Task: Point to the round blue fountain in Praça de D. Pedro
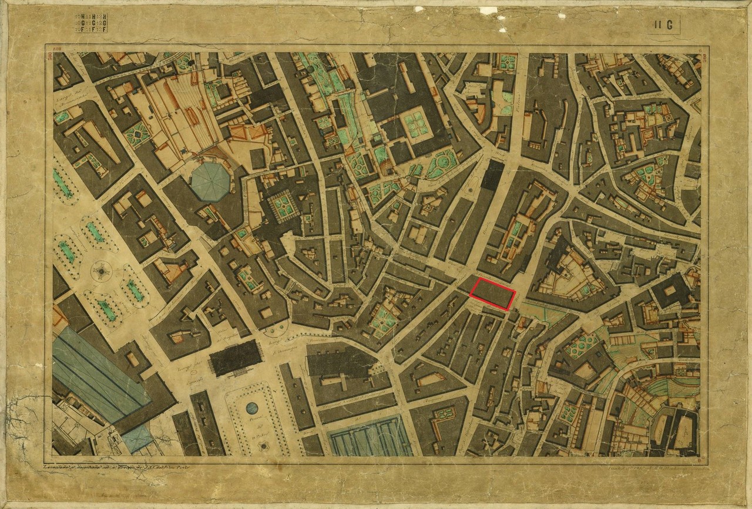pyautogui.click(x=252, y=407)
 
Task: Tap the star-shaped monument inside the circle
pyautogui.click(x=102, y=271)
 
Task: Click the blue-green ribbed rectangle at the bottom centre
pyautogui.click(x=371, y=435)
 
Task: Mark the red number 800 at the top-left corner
pyautogui.click(x=58, y=49)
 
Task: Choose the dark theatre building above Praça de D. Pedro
pyautogui.click(x=236, y=358)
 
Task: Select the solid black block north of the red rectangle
pyautogui.click(x=492, y=175)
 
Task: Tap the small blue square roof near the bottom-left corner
pyautogui.click(x=137, y=437)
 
